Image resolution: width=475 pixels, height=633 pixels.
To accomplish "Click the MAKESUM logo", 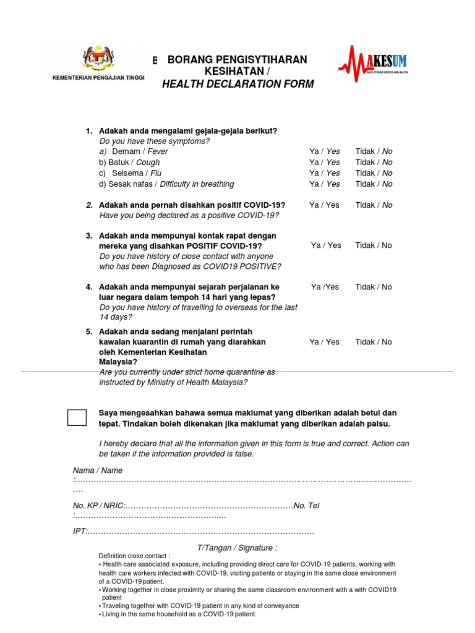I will [x=372, y=63].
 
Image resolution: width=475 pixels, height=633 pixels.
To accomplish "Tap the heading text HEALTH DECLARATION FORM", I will [x=237, y=84].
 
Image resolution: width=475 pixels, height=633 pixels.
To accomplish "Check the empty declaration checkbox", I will [x=77, y=417].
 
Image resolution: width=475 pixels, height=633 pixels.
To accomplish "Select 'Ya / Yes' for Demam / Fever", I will [x=325, y=151].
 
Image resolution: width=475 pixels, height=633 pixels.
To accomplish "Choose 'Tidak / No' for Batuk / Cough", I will [x=374, y=163].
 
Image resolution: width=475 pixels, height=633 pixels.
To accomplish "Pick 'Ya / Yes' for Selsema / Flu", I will [x=325, y=173].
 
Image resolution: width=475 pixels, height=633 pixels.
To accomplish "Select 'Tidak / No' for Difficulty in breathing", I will [x=374, y=184].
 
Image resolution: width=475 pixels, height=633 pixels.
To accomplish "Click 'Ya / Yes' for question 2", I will [x=325, y=205].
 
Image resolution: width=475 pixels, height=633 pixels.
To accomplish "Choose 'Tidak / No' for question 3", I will [x=374, y=245].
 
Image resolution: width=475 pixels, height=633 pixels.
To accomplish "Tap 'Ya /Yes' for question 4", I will [x=325, y=287].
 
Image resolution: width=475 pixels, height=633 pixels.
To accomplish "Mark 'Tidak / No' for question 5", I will [x=374, y=342].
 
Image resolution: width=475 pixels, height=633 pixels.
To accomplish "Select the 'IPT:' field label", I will [x=80, y=532].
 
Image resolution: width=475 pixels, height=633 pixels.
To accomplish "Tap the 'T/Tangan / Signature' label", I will [x=237, y=548].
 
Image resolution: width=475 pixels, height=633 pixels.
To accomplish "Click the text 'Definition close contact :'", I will [x=134, y=556].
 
